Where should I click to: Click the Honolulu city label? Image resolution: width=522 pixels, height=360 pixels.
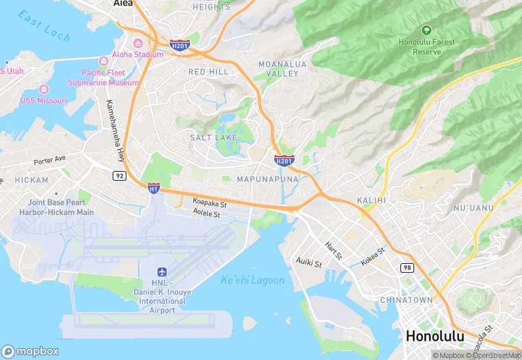[435, 337]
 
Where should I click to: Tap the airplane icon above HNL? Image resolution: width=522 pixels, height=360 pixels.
[162, 273]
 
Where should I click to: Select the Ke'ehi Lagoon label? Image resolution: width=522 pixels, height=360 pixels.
[252, 280]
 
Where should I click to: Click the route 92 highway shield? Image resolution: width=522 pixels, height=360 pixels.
[120, 176]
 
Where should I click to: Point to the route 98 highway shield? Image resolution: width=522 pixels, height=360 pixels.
[408, 267]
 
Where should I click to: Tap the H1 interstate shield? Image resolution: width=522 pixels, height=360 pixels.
[154, 187]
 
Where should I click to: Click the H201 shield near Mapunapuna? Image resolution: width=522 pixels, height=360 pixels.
[284, 160]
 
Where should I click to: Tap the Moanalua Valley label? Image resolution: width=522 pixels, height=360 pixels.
[279, 68]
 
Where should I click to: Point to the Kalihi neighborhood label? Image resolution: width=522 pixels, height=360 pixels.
[372, 200]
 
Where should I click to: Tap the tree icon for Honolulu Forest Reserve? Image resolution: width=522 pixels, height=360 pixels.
[427, 30]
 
